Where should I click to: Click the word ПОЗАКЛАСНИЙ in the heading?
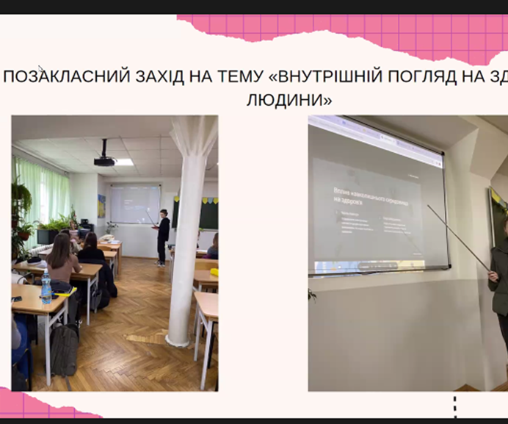(x=59, y=76)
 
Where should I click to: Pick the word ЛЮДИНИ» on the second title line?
(x=289, y=99)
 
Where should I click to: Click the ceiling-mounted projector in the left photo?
(x=104, y=157)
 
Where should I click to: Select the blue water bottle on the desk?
(x=46, y=286)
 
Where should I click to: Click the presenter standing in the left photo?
(x=162, y=235)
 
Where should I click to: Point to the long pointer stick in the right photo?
(x=460, y=239)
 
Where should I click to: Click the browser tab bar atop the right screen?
(x=374, y=130)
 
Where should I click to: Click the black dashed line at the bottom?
(x=455, y=406)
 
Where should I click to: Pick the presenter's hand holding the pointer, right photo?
(x=492, y=275)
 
